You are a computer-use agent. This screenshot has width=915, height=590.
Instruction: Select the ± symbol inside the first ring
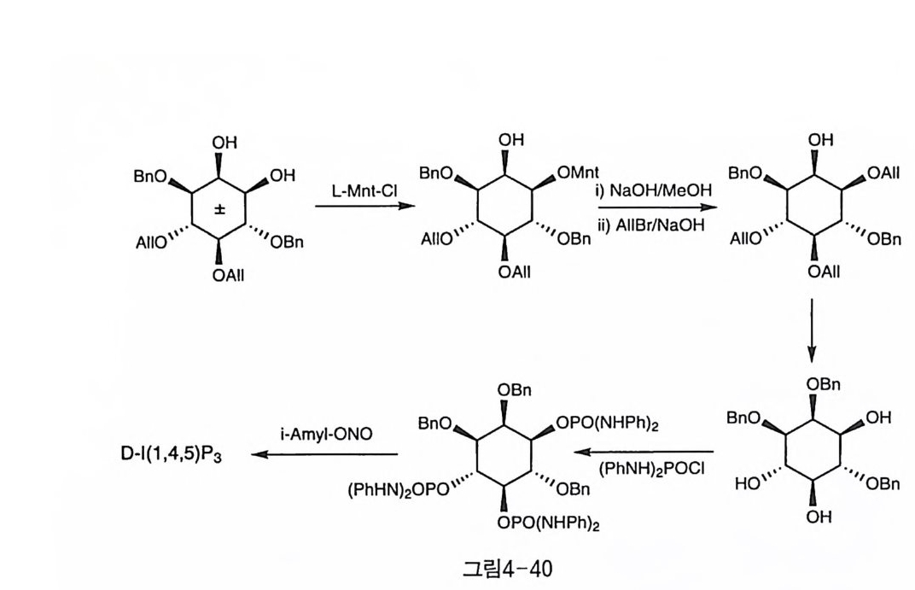219,209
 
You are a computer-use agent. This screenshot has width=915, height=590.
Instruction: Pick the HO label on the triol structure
748,484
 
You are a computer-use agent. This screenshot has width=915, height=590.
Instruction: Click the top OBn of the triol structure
824,385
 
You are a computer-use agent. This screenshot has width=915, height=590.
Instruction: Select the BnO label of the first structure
149,176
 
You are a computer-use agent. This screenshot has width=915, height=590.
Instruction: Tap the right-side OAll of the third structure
882,173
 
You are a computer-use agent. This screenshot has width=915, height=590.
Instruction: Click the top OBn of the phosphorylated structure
515,390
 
